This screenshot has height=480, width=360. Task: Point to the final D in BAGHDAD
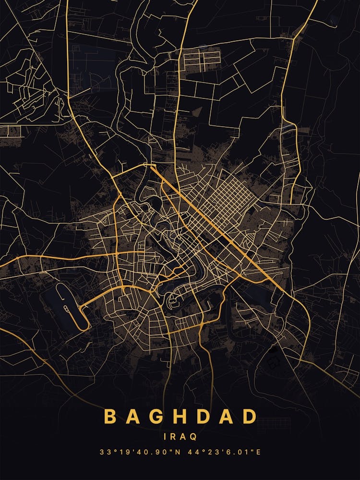[249, 417]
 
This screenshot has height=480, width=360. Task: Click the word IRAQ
[180, 437]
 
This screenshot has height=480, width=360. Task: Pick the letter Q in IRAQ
[193, 437]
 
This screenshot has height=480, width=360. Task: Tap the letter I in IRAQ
[166, 437]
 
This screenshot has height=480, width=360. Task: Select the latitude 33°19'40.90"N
[137, 452]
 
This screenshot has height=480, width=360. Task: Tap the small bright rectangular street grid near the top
[202, 59]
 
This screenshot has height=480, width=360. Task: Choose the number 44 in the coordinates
[189, 452]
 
